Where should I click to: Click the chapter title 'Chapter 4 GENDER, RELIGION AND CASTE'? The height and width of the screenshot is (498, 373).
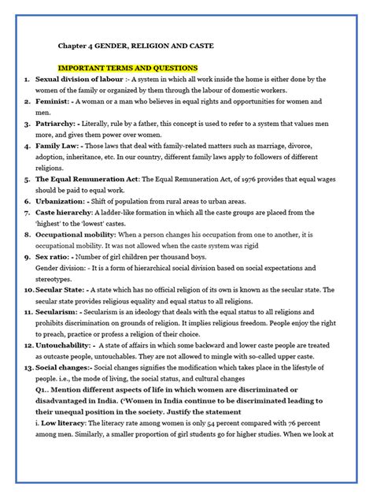tap(135, 46)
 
